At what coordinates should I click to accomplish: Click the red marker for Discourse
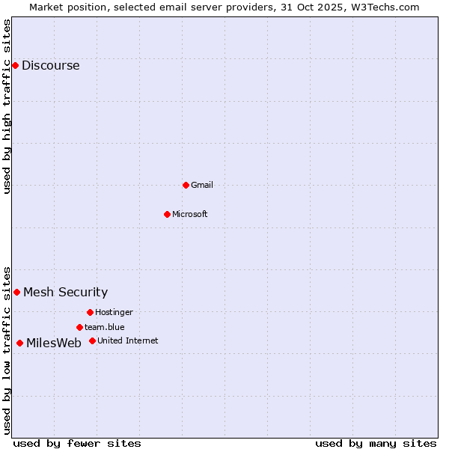(15, 65)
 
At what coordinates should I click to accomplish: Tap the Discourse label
(50, 65)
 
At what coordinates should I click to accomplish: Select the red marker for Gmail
(186, 185)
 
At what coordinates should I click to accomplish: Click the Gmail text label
(202, 185)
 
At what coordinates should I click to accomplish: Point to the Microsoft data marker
(167, 214)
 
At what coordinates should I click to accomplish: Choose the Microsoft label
(189, 214)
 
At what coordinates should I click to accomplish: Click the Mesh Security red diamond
(16, 292)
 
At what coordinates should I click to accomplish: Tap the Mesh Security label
(65, 292)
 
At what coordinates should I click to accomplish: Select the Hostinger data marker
(90, 312)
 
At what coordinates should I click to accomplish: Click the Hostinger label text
(114, 312)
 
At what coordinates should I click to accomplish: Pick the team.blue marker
(79, 327)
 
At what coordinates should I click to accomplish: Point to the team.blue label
(104, 327)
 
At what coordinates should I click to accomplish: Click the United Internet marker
(92, 340)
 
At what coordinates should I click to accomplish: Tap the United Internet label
(127, 340)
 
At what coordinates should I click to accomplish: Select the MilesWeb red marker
(19, 343)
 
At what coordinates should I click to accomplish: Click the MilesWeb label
(54, 343)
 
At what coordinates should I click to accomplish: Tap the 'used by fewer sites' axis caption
(77, 443)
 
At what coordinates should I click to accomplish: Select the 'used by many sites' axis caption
(376, 443)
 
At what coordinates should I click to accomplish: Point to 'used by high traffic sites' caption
(7, 106)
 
